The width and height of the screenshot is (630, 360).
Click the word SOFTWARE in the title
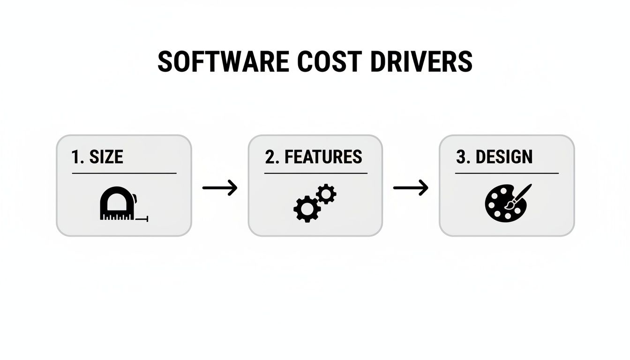tap(222, 61)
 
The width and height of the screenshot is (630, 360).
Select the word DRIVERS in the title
tap(421, 61)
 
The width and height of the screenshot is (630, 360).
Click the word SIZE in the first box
tap(106, 157)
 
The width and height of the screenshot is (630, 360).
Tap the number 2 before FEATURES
tap(270, 157)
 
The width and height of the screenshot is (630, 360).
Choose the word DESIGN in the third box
tap(504, 157)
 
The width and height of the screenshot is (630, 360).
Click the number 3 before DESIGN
tap(461, 157)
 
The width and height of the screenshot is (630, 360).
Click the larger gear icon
tap(307, 209)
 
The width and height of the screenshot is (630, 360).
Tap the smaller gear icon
tap(326, 194)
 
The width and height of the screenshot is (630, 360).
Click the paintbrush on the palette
tap(519, 196)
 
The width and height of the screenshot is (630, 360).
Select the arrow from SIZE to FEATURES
tap(220, 188)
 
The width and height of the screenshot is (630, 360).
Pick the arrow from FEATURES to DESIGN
tap(411, 188)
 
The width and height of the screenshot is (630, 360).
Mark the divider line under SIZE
tap(124, 173)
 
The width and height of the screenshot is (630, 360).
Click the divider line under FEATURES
tap(315, 173)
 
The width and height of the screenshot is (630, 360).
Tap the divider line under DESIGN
tap(507, 173)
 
